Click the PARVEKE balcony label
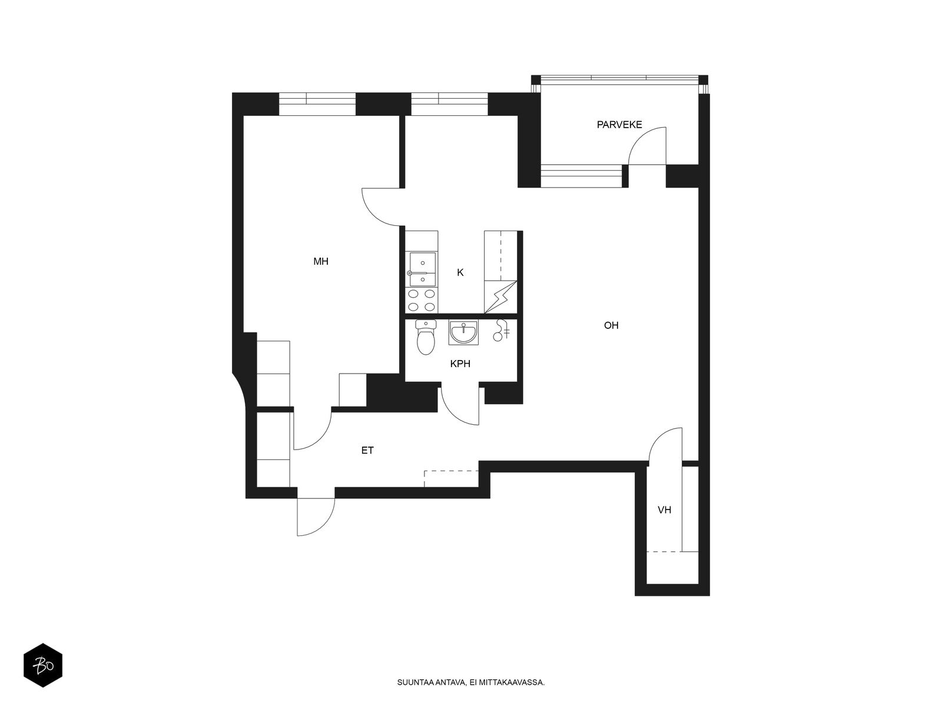tap(619, 125)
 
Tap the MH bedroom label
tap(321, 261)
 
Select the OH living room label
tap(611, 325)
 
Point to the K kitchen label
tap(460, 272)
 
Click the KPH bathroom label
tap(460, 364)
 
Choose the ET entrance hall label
tap(367, 451)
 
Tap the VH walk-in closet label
tap(664, 510)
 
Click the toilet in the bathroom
tap(426, 337)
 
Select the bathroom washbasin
tap(463, 332)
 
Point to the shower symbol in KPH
tap(500, 330)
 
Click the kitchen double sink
tap(422, 269)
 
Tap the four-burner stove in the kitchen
tap(422, 301)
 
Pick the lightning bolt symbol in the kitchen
tap(500, 298)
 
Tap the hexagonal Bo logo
tap(43, 665)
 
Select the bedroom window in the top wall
tap(317, 104)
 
